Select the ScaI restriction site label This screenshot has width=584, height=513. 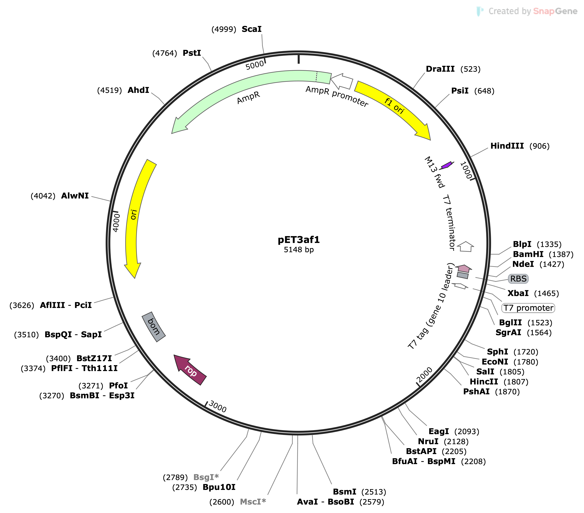point(251,29)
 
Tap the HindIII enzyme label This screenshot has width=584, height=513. point(507,146)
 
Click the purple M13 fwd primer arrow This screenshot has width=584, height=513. point(446,165)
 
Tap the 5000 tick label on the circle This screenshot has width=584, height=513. point(255,65)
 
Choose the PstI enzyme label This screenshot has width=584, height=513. point(192,53)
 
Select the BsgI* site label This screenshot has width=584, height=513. point(206,477)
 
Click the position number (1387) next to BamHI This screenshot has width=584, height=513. point(561,254)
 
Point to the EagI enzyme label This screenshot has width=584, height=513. point(439,431)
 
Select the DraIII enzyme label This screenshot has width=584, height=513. point(440,69)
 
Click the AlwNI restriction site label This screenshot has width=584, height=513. point(75,196)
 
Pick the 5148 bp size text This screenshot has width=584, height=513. point(299,250)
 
